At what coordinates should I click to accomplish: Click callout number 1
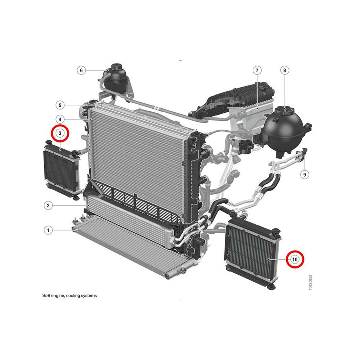[48, 230]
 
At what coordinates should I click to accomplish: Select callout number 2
[48, 205]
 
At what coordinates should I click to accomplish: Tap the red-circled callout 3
[60, 133]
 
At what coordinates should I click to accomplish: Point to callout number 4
[60, 120]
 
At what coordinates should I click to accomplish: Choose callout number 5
[60, 105]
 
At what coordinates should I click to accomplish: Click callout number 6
[81, 70]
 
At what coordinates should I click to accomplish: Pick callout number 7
[257, 70]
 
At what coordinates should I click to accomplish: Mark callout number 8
[285, 70]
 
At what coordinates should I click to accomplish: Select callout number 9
[305, 175]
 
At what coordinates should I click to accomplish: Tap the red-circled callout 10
[295, 260]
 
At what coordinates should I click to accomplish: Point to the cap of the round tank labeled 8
[284, 111]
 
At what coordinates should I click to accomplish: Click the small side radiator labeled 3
[62, 170]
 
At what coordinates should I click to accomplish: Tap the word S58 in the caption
[46, 296]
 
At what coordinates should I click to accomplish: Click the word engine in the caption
[58, 296]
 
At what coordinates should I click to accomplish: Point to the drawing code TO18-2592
[310, 282]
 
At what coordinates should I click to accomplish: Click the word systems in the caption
[89, 296]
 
